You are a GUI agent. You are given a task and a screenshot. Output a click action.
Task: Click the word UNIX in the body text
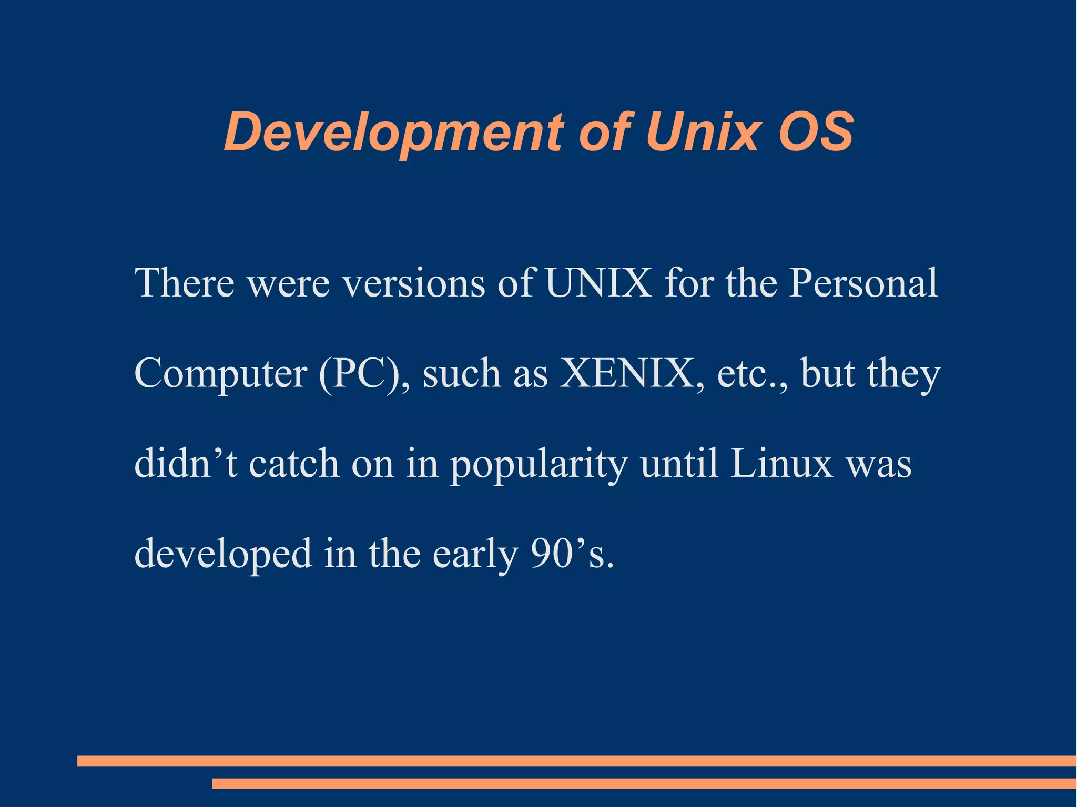[x=598, y=283]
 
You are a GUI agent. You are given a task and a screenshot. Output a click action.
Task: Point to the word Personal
[x=863, y=283]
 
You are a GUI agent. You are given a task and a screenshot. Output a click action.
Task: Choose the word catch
[x=294, y=464]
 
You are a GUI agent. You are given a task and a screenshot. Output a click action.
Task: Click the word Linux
[x=781, y=464]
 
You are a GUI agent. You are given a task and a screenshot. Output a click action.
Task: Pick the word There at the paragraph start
[x=185, y=283]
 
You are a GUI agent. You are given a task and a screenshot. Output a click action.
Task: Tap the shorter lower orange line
[x=644, y=784]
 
